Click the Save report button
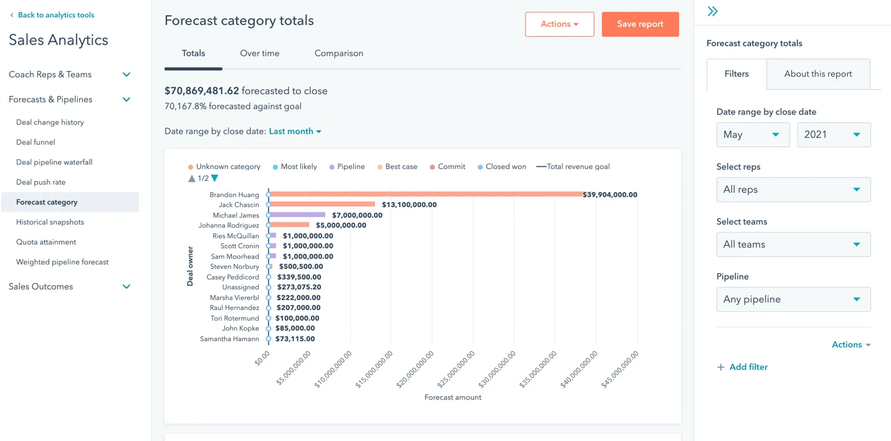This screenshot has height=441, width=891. pos(640,24)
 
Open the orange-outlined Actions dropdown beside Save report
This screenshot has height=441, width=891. pos(559,24)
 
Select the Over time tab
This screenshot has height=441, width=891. pos(259,54)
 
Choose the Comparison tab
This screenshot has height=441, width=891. pos(338,54)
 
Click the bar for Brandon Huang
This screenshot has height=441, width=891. pos(426,195)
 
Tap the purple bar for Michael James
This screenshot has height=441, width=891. pos(297,215)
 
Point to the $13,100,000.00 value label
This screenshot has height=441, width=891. pos(409,205)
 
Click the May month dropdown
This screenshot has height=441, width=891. pos(753,135)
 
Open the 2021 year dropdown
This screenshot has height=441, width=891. pos(834,135)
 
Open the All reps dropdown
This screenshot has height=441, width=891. pos(793,190)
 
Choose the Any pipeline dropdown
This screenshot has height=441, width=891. pos(793,299)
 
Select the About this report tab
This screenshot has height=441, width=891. pos(817,74)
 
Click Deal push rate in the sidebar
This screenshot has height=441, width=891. pos(40,182)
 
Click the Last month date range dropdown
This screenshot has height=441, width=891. pos(295,132)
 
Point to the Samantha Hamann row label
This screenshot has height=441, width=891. pos(229,339)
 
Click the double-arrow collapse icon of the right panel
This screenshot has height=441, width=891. pos(713,11)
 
